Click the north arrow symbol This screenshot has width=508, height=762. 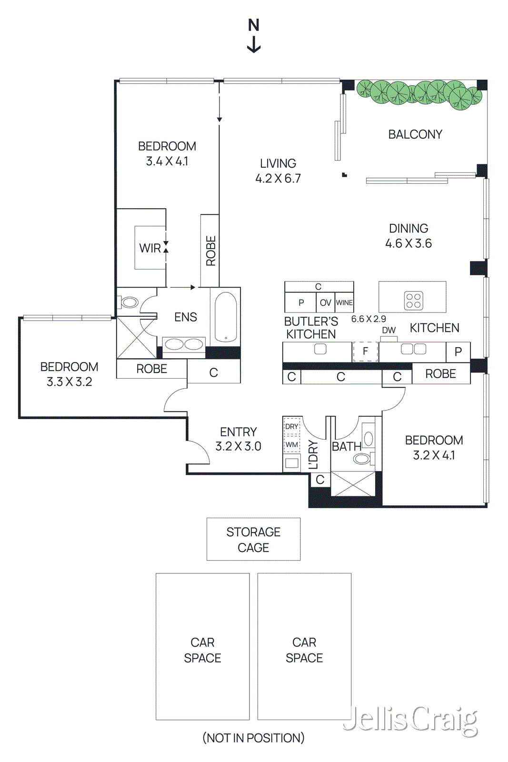[x=254, y=36]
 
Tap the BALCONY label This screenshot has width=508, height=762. [x=415, y=134]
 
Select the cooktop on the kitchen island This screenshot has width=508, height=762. [x=413, y=301]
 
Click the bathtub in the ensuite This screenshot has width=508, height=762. [x=225, y=317]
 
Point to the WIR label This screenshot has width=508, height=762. [x=149, y=248]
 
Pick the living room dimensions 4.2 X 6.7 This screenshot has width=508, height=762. [x=278, y=179]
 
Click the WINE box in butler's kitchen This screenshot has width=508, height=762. [x=344, y=302]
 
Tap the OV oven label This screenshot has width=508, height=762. [x=325, y=302]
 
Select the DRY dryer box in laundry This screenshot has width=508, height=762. [x=292, y=426]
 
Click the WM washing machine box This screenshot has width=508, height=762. [x=292, y=444]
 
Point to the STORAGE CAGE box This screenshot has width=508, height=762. [x=253, y=539]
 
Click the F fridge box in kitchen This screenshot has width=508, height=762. [x=365, y=351]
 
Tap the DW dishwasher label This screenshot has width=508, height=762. [x=388, y=330]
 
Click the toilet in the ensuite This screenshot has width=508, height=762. [x=129, y=302]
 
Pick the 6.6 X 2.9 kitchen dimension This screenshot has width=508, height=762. [x=369, y=319]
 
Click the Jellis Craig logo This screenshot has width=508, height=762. [x=410, y=721]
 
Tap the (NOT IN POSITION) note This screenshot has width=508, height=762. [x=253, y=738]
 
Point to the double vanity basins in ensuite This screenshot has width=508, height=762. [x=184, y=344]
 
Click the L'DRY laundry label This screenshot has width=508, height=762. [x=313, y=455]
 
